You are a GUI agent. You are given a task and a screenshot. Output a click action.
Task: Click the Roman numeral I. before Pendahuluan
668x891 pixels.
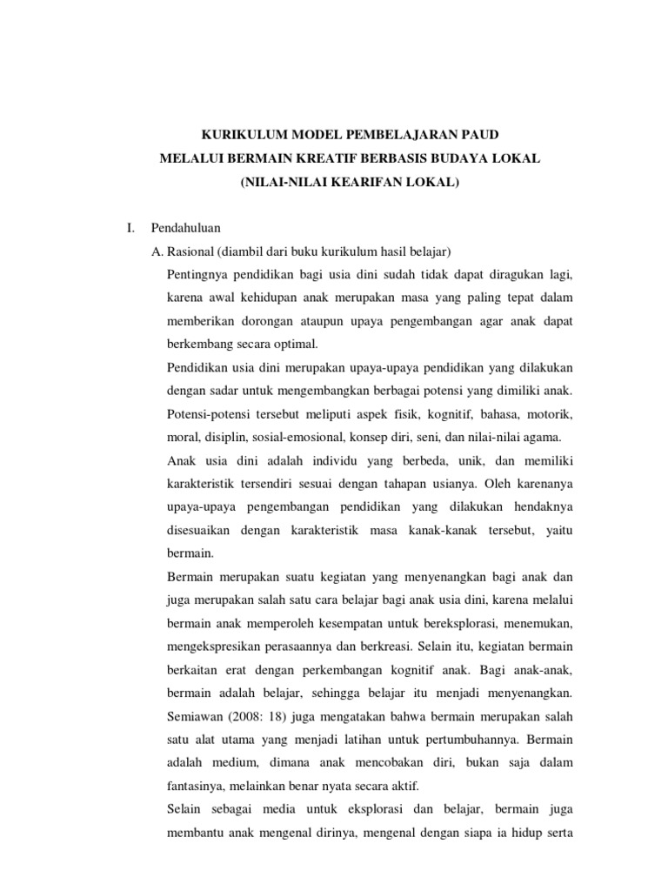(x=130, y=229)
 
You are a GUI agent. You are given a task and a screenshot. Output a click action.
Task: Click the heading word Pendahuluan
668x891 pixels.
(x=185, y=229)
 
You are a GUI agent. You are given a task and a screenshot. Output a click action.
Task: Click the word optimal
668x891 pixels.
(x=294, y=343)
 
